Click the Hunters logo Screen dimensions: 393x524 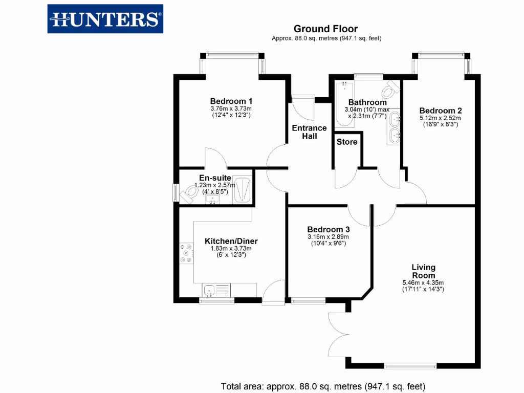tap(105, 19)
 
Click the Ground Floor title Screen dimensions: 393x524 tap(326, 29)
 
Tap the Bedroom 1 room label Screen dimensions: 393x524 tap(231, 101)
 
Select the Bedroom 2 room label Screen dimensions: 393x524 tap(441, 111)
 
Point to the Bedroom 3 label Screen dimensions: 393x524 tap(329, 230)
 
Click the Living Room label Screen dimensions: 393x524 tap(424, 271)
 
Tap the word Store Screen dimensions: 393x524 tap(347, 142)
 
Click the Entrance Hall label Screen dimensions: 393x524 tap(310, 132)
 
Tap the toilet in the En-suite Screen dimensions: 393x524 tap(190, 193)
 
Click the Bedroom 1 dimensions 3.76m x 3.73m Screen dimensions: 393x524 tap(231, 108)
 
